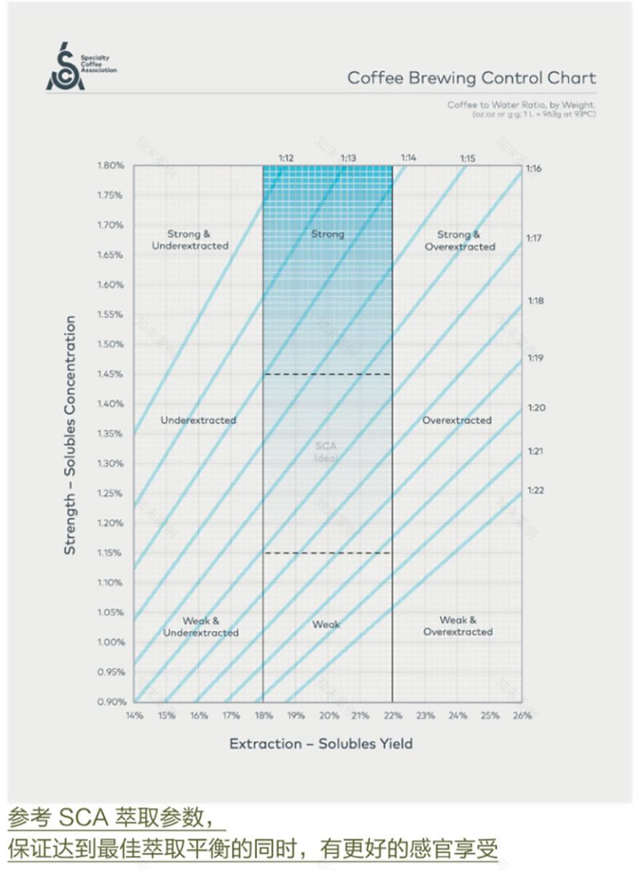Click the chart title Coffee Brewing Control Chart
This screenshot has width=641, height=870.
[x=471, y=78]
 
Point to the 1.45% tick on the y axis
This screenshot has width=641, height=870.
[x=111, y=374]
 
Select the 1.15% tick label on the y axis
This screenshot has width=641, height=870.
[x=111, y=553]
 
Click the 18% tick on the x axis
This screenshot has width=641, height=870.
[x=263, y=716]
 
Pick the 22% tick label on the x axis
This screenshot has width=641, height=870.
[x=392, y=716]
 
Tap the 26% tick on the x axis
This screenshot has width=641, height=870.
[x=522, y=716]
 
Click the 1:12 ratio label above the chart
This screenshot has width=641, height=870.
[x=286, y=157]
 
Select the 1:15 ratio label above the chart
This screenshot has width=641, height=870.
[x=467, y=157]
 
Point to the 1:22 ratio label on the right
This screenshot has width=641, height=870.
[x=535, y=490]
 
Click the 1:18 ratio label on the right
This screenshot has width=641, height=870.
[x=535, y=300]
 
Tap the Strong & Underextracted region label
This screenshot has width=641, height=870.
[x=189, y=240]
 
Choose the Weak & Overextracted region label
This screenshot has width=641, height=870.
[x=458, y=626]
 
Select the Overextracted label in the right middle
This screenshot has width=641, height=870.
[x=457, y=420]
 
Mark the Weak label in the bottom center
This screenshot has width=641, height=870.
[x=326, y=624]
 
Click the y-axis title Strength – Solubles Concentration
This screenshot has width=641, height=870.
[x=70, y=435]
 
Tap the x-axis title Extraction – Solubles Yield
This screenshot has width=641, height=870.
[x=321, y=744]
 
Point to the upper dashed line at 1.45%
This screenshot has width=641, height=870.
[x=327, y=375]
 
